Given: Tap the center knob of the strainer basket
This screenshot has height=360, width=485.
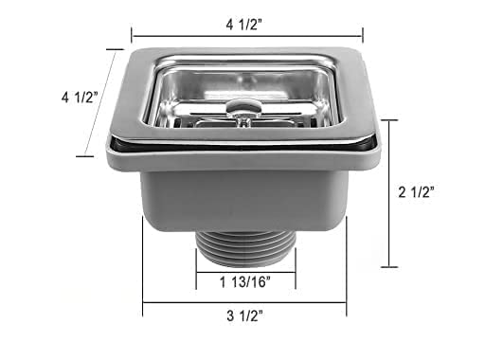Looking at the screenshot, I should (243, 111).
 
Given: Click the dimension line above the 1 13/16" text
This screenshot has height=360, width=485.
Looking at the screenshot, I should (245, 265).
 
